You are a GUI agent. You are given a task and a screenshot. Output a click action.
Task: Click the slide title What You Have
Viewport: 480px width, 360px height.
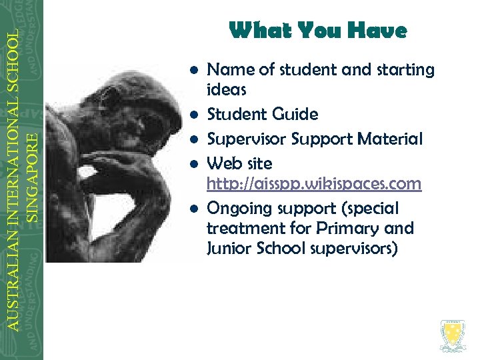(317, 31)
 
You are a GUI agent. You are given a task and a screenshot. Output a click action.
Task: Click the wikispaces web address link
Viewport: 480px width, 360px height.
(314, 184)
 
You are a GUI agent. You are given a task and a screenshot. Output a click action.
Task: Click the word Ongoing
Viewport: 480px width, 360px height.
(237, 209)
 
